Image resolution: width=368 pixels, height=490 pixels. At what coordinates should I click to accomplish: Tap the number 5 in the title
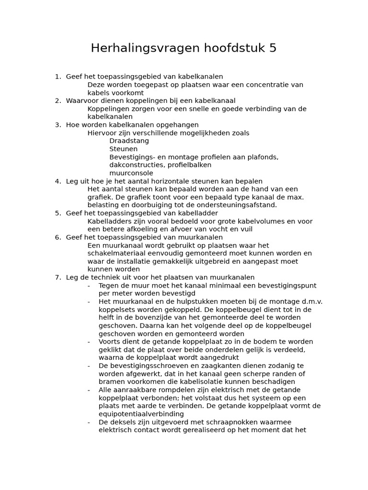click(x=273, y=48)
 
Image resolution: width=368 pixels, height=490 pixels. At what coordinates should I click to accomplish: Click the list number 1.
click(x=57, y=77)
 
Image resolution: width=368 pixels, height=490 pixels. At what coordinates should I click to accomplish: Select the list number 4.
click(x=57, y=181)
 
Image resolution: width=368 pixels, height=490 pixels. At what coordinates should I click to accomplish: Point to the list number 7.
click(x=57, y=278)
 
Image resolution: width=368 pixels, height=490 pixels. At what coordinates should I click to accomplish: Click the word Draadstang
click(x=129, y=141)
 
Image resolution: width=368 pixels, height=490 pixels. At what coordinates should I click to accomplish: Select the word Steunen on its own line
click(x=123, y=149)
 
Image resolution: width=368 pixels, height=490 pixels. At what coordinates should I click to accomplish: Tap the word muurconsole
click(x=131, y=173)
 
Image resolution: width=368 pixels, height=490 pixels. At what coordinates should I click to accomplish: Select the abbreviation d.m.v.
click(x=310, y=302)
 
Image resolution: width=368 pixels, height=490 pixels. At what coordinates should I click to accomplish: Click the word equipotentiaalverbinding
click(x=141, y=414)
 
